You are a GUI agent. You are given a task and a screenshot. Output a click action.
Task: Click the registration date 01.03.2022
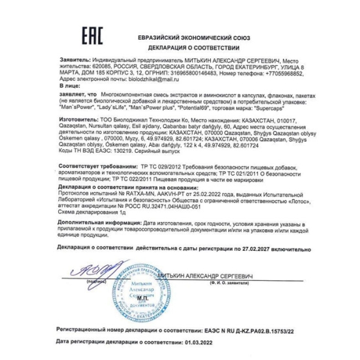coord(194,341)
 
